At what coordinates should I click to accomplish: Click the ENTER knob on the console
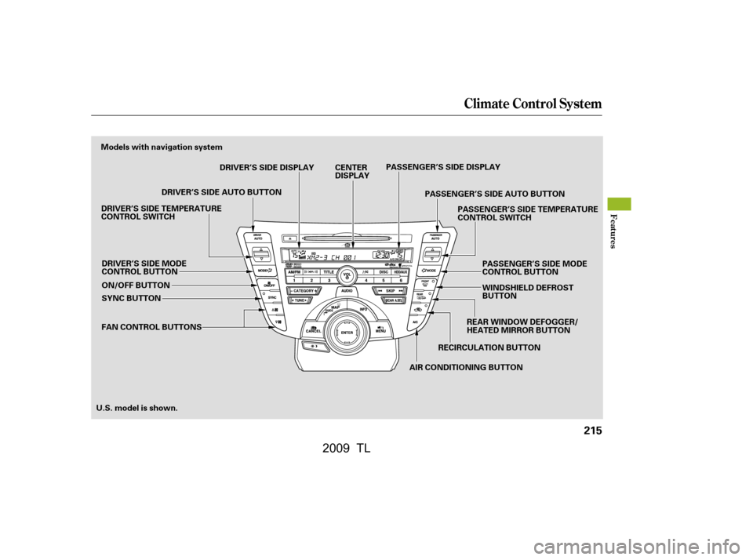click(x=346, y=333)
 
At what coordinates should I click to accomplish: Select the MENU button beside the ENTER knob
click(x=380, y=329)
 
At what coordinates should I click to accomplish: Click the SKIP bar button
click(x=389, y=290)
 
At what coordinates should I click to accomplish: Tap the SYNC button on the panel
click(x=271, y=298)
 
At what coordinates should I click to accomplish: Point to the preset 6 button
click(x=401, y=279)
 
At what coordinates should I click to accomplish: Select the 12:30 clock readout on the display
click(x=380, y=255)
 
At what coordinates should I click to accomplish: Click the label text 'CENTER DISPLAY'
click(x=351, y=171)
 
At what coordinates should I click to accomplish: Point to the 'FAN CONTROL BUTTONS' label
click(x=151, y=325)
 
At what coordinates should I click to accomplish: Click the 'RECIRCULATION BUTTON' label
click(x=489, y=347)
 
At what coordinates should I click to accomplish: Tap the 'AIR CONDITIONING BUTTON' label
click(x=466, y=367)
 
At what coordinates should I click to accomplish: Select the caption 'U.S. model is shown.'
click(x=136, y=408)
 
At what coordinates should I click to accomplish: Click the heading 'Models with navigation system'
click(x=162, y=147)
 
